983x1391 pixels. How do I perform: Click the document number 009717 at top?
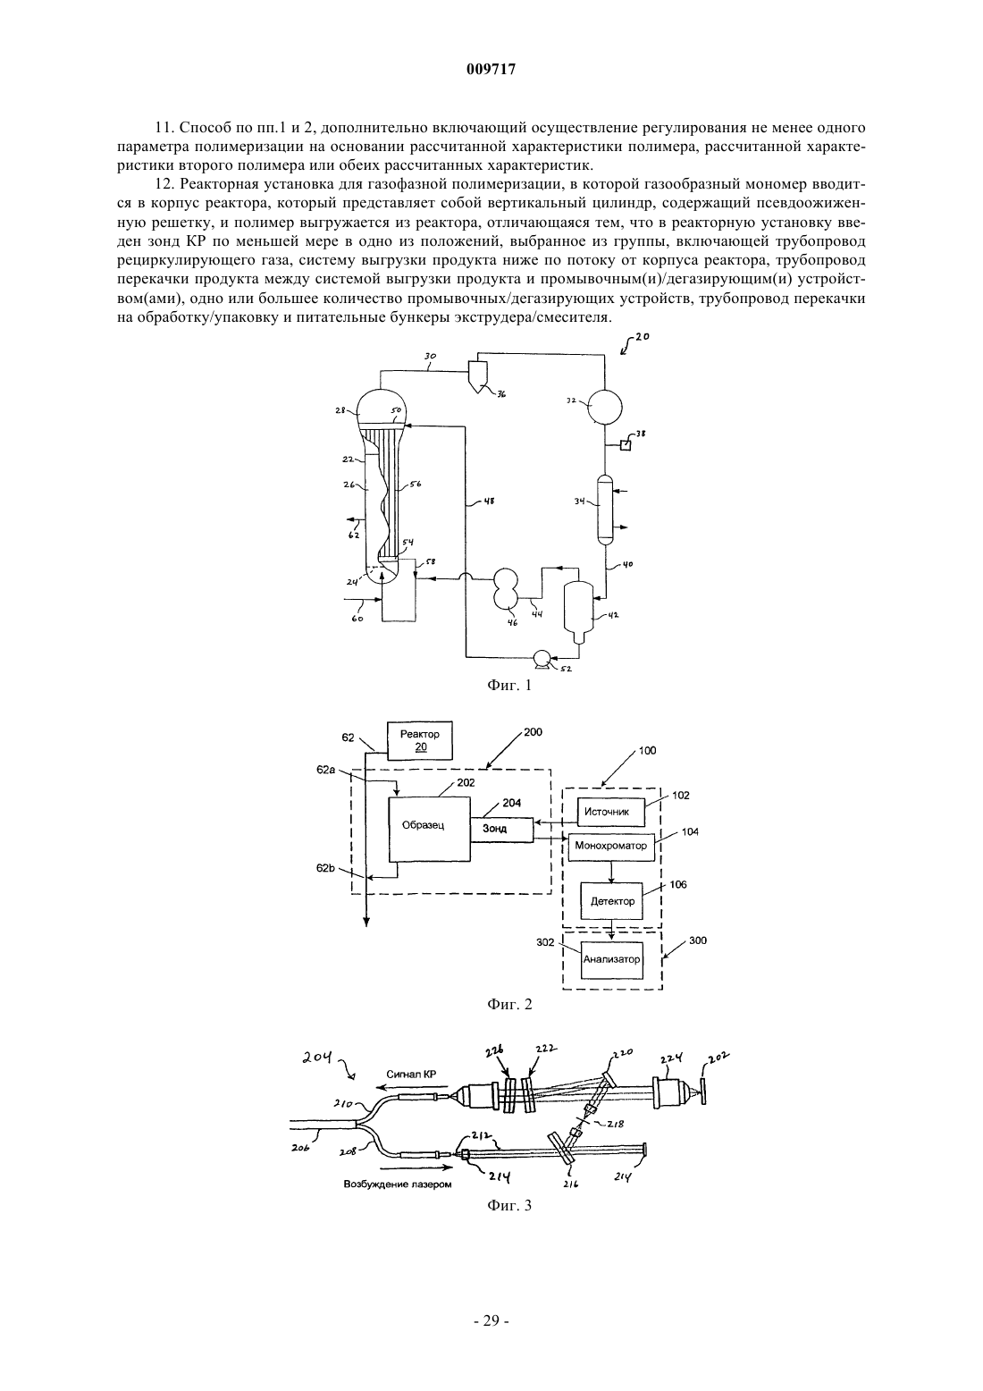pos(491,70)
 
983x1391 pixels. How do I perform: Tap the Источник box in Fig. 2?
pos(610,811)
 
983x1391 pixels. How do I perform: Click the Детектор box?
pos(611,900)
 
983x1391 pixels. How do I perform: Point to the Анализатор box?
pos(611,959)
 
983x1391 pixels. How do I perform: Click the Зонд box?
pos(501,830)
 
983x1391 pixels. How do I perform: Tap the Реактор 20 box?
pos(420,740)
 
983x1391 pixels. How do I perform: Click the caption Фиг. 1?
pos(508,686)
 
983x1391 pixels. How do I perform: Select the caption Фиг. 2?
pos(508,1004)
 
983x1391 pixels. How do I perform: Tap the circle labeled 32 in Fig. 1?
pos(604,405)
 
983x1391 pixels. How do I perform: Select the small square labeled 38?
pos(626,444)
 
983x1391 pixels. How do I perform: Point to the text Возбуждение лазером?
pos(398,1184)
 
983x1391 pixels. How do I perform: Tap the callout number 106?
pos(678,884)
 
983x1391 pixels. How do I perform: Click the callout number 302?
pos(545,941)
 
